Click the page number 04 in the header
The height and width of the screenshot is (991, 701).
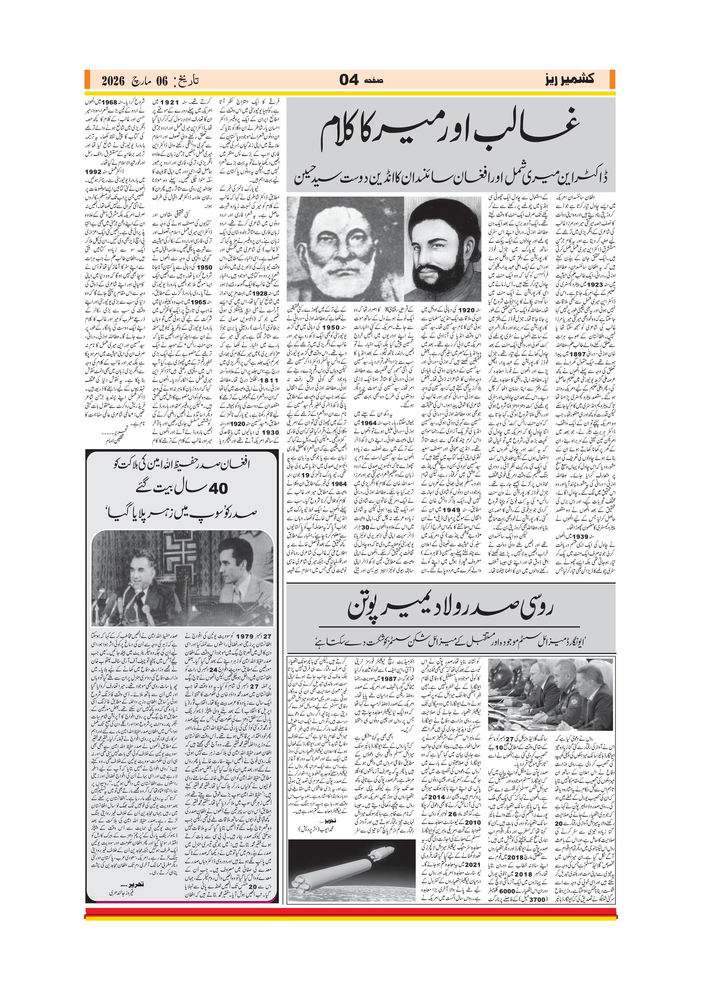coord(349,80)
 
